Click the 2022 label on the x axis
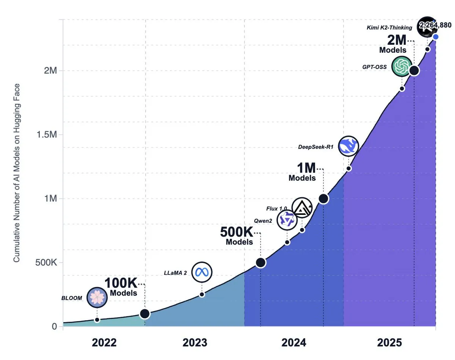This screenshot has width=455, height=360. (104, 343)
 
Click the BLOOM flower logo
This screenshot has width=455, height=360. (97, 297)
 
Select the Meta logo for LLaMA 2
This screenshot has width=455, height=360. (202, 272)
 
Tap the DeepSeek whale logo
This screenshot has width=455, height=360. (348, 146)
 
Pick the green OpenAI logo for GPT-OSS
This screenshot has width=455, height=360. (402, 67)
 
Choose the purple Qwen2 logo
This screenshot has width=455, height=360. (287, 220)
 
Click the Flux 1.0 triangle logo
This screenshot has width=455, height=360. (302, 208)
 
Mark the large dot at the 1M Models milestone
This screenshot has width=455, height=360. (323, 199)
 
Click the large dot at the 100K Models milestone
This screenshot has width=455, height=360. (144, 314)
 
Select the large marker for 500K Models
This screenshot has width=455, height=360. (260, 263)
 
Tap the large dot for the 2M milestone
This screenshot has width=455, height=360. (414, 70)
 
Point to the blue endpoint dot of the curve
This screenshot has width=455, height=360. (436, 37)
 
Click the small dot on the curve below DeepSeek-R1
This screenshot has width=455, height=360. (348, 168)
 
